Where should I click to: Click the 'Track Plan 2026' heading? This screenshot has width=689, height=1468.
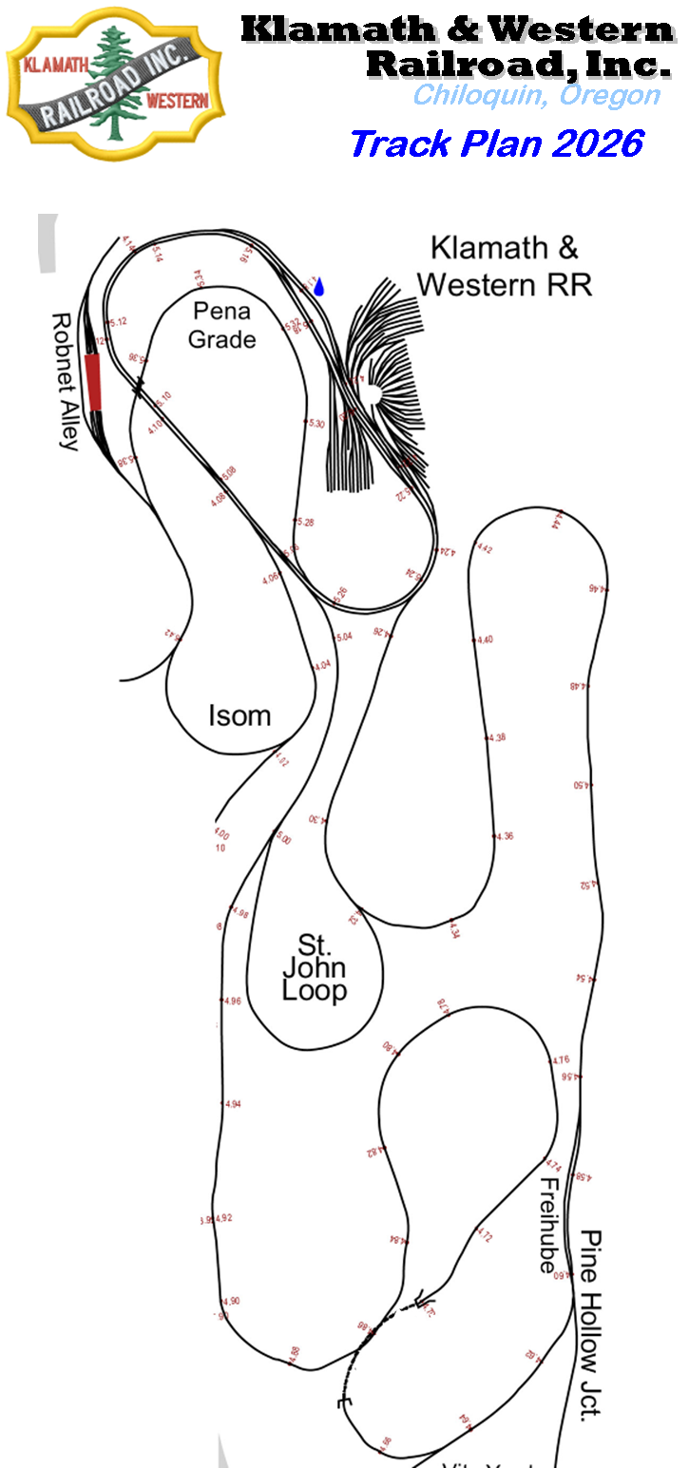coord(497,143)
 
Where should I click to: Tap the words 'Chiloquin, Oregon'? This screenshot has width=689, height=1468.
coord(536,95)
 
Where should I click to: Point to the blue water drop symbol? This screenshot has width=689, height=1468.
coord(319,286)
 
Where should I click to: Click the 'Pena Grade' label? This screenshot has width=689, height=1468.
coord(222,324)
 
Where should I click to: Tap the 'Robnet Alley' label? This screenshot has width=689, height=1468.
coord(65,381)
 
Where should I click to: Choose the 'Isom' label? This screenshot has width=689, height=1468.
coord(239,715)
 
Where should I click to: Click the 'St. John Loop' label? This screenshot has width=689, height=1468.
coord(314,968)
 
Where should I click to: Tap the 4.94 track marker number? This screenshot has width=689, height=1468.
coord(233,1104)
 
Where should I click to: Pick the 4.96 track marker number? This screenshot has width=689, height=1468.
coord(233,1001)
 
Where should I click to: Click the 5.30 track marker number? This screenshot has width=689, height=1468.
coord(316,424)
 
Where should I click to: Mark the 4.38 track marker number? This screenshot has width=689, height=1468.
coord(498,737)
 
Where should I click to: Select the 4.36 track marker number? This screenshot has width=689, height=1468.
coord(505,836)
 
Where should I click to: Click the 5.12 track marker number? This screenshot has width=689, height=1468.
coord(119,323)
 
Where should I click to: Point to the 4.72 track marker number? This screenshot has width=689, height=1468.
coord(486,1237)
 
